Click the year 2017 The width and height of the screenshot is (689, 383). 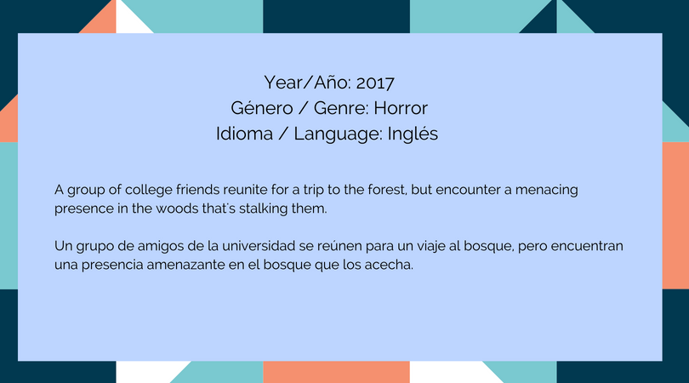click(375, 83)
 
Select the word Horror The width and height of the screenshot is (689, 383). click(401, 108)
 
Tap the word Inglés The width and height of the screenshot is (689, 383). click(413, 134)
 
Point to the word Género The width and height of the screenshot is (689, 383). click(261, 108)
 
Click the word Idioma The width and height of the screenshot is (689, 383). click(244, 134)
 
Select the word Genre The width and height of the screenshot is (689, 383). click(342, 108)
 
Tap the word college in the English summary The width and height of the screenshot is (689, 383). click(148, 190)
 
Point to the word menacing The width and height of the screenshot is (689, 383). click(547, 190)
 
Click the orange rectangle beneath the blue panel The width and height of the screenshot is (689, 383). click(336, 372)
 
